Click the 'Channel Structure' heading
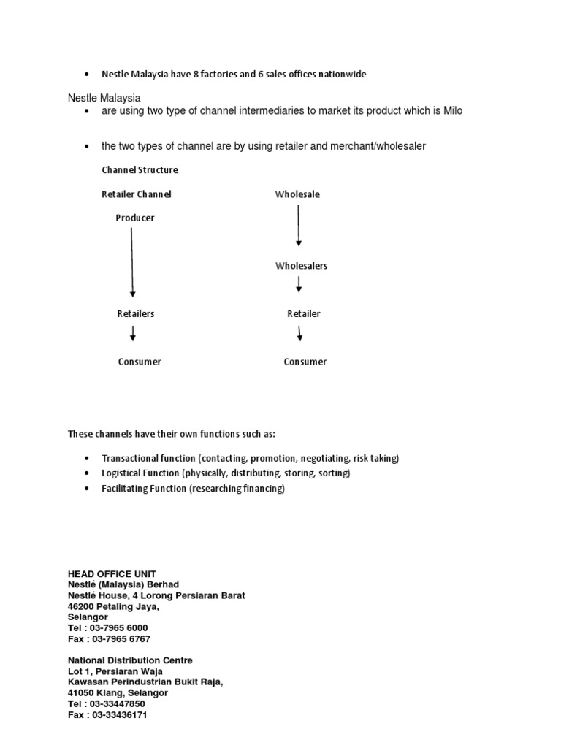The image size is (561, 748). pos(140,170)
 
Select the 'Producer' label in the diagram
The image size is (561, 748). pos(135,218)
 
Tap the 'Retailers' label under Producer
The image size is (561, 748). pos(136,314)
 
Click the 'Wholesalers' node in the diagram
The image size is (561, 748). pos(301,266)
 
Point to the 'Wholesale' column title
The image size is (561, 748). pos(297,194)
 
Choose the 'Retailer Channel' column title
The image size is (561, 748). pos(137,194)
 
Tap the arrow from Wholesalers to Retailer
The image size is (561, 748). pos(299,285)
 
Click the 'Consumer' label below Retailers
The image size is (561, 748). pos(140,362)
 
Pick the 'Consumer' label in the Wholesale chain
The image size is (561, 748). pos(305,362)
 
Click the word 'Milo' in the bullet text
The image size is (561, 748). pos(453,110)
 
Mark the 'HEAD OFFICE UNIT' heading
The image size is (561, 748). pos(112,573)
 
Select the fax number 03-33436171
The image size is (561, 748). pos(120,714)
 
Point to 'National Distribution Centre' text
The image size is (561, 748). pos(130,660)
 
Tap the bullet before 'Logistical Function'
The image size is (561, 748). pos(86,473)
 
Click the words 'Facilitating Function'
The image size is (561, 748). pos(144,489)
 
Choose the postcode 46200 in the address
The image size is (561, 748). pos(83,606)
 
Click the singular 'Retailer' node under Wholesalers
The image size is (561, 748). pos(304,314)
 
